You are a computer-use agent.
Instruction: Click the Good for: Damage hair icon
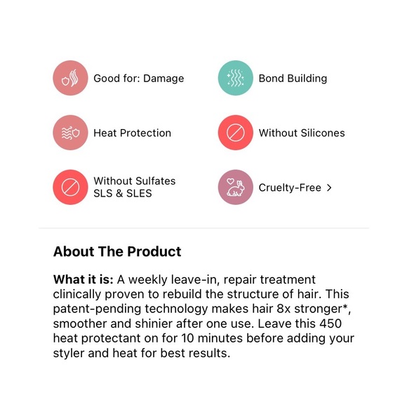point(70,79)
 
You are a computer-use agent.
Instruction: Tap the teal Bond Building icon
point(235,79)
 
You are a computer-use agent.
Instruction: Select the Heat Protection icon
point(70,133)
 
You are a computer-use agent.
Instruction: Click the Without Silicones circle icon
point(235,133)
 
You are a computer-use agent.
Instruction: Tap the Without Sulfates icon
point(70,187)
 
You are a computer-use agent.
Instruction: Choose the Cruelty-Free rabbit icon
point(235,187)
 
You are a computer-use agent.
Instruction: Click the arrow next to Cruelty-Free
point(329,187)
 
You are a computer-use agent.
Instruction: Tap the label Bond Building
point(293,79)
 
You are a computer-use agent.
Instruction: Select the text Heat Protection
point(132,133)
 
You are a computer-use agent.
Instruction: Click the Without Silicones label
point(302,133)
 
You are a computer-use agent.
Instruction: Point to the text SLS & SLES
point(123,194)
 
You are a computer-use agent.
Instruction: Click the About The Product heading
point(117,251)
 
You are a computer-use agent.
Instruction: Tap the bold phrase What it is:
point(83,280)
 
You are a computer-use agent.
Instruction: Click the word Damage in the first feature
point(164,79)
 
